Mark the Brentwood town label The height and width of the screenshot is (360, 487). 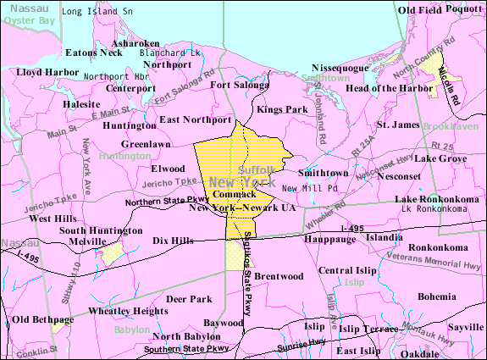coord(279,276)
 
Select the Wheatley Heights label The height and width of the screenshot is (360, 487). coord(129,311)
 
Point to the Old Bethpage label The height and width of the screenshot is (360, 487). coord(42,319)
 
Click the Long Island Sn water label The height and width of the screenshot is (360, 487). coord(98,12)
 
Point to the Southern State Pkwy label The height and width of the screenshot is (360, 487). coord(185,348)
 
